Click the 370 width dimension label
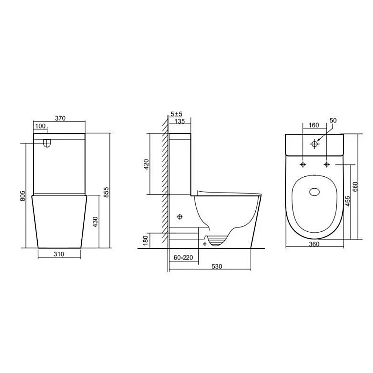click(60, 118)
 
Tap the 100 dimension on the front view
click(40, 126)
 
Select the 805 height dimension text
click(22, 196)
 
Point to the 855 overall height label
click(106, 192)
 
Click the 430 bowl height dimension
click(95, 222)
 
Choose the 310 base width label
click(59, 254)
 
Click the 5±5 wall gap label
click(176, 114)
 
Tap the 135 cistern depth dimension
click(180, 121)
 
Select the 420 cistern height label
click(146, 164)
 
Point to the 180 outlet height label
click(146, 241)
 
